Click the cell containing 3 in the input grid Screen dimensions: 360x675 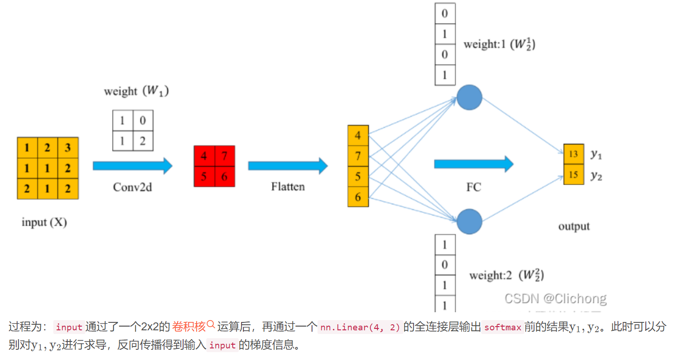68,148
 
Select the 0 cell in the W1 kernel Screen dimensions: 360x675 143,121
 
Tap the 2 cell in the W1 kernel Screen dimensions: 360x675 143,141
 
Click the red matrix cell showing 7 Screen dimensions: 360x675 224,156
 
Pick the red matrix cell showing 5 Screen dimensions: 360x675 204,176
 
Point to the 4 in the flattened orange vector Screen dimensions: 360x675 358,136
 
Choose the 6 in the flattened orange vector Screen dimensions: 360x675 358,197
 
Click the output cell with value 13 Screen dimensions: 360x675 573,154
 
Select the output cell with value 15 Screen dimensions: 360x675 573,174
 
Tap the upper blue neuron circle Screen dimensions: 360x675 470,97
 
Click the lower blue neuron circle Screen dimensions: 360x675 470,221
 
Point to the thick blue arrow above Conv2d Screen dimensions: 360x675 133,166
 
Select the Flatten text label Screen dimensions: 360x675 288,187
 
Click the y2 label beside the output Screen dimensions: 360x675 596,176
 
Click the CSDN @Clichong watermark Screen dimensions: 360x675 555,298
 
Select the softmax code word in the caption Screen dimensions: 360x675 503,327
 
